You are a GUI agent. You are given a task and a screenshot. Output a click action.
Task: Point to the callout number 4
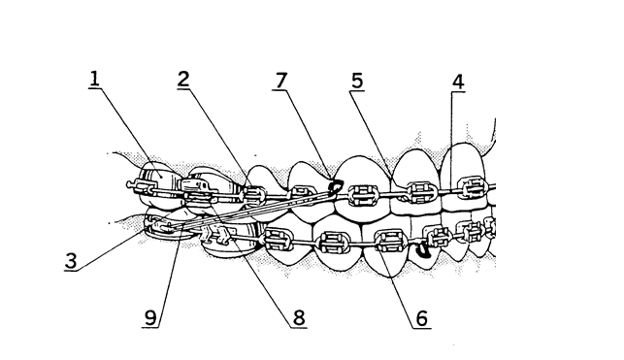456,82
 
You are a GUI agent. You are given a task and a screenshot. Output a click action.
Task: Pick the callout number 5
357,82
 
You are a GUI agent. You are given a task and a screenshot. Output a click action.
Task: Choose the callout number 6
420,318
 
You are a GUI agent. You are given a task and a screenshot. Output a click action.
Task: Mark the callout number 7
281,81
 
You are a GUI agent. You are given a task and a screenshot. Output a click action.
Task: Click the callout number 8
299,318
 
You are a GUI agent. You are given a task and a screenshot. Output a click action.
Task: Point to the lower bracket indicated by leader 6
388,238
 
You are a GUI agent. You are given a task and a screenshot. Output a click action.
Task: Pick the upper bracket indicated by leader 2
254,193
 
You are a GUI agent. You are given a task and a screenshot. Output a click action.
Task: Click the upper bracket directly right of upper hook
363,193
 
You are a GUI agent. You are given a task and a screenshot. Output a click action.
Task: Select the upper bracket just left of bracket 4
420,189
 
